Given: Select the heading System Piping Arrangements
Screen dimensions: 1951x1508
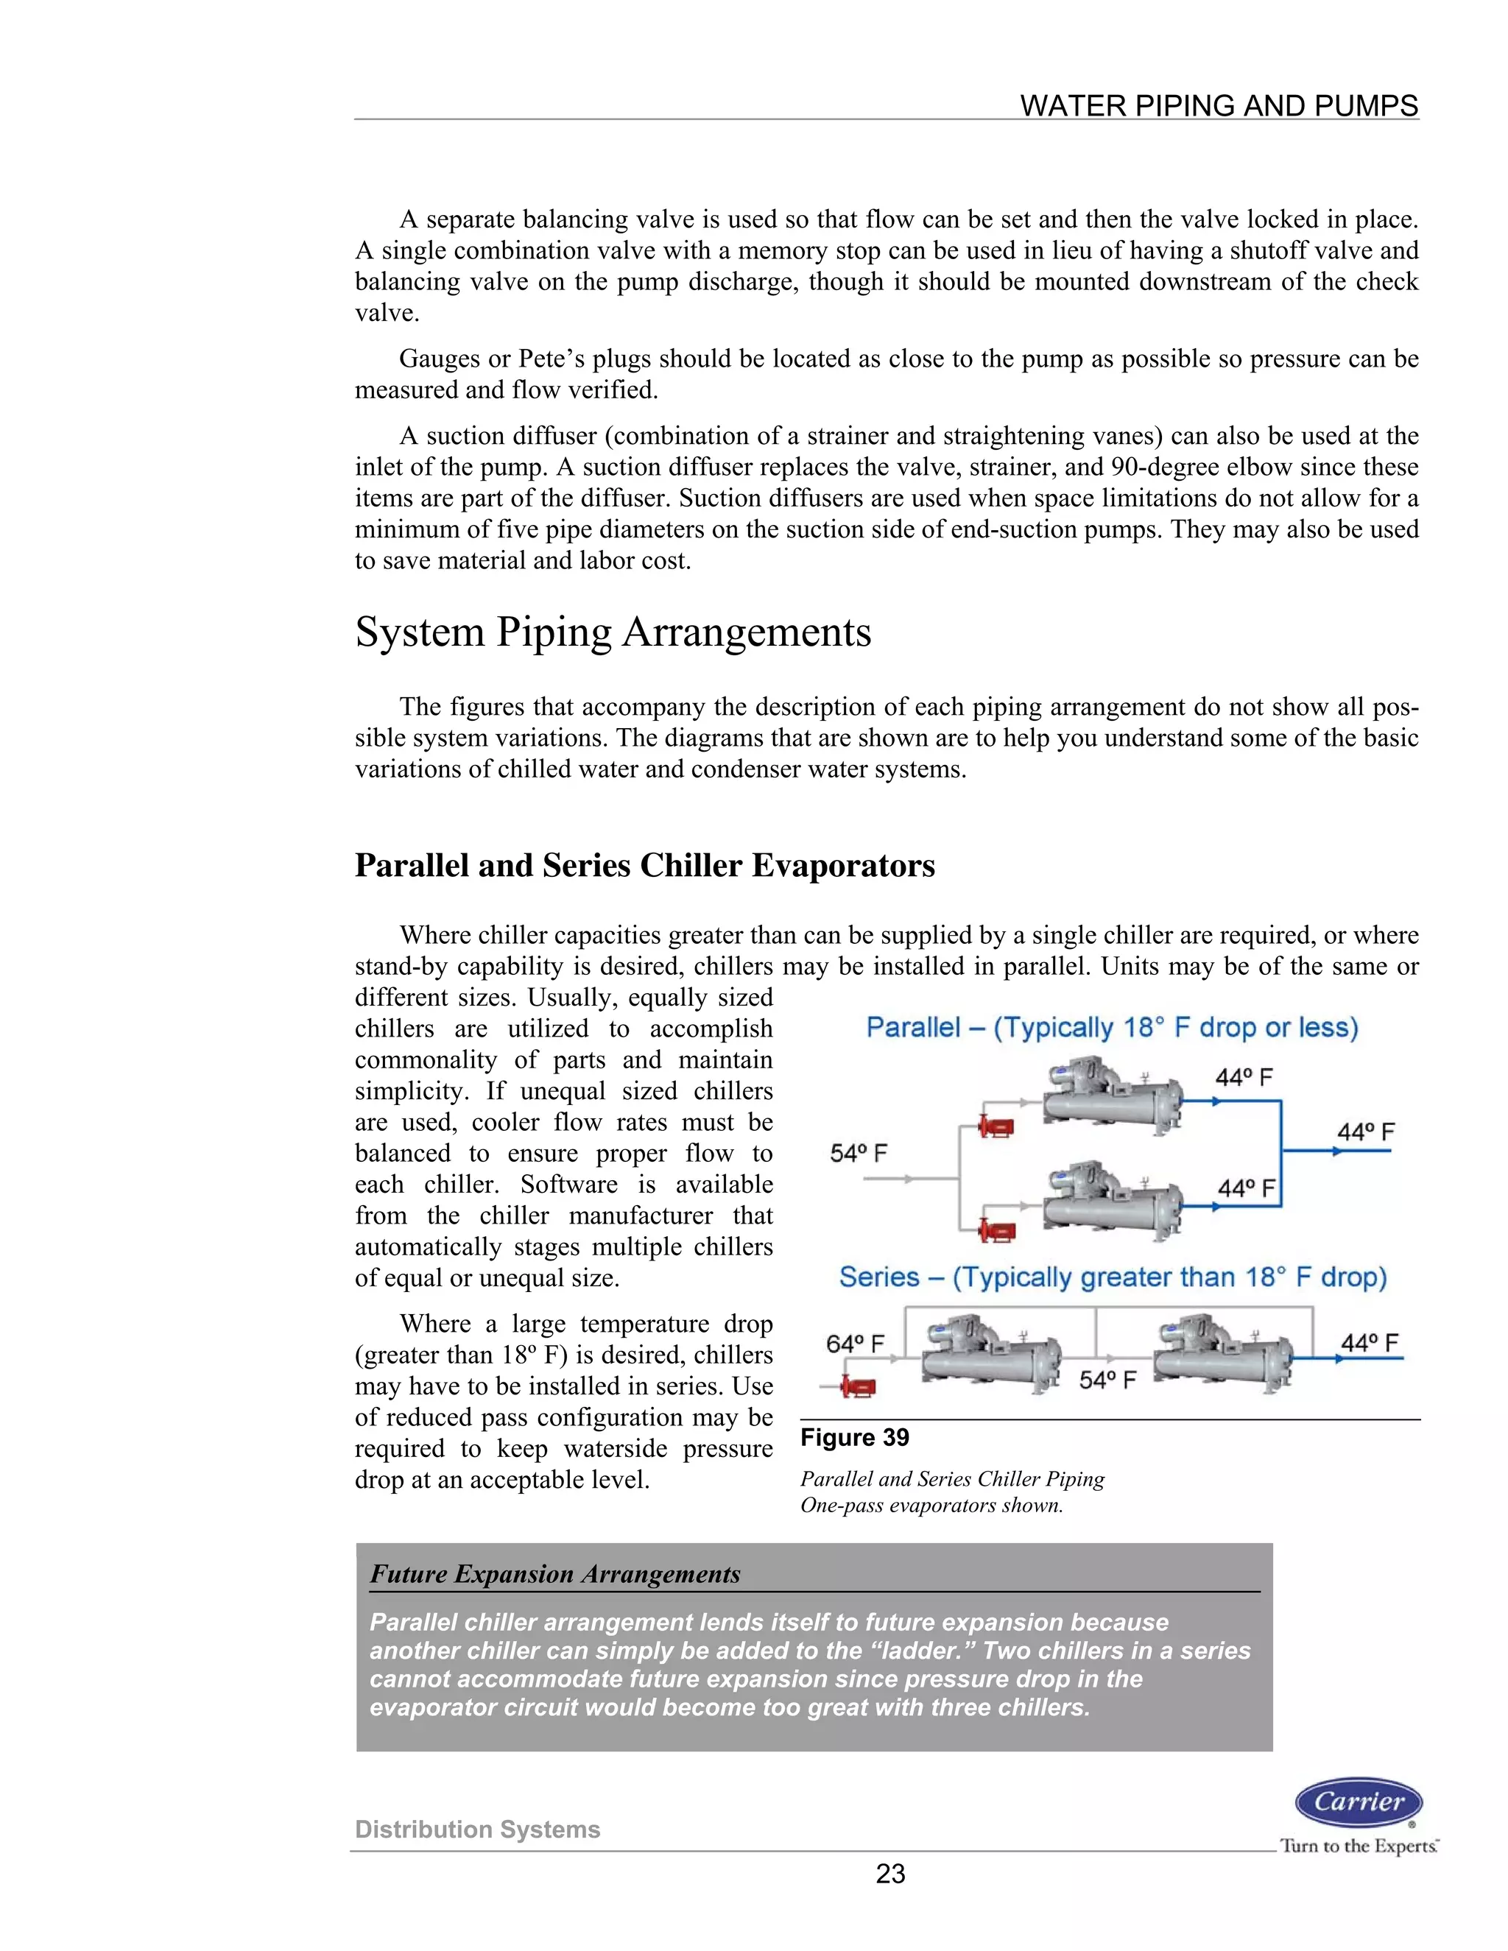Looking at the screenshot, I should coord(613,632).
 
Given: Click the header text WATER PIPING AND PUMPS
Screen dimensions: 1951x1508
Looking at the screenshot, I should coord(1219,105).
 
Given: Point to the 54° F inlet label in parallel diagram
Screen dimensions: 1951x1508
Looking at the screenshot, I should coord(859,1153).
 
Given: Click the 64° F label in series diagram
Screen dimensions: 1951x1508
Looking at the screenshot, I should coord(855,1344).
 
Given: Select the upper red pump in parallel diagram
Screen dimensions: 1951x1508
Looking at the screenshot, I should coord(997,1126).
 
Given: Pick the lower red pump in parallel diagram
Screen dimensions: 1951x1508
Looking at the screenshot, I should coord(997,1230).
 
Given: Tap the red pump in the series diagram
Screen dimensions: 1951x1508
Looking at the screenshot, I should coord(859,1387).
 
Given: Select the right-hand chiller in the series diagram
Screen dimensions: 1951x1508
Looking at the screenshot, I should coord(1222,1354).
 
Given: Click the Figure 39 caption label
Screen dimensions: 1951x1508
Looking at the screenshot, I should coord(854,1437).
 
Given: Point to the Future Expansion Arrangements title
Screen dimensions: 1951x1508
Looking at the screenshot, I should coord(554,1574).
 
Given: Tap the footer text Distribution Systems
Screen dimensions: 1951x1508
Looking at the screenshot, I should coord(477,1829).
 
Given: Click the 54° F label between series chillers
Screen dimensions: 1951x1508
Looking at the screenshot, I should coord(1107,1380).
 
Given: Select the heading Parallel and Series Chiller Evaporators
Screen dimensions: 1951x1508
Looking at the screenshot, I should coord(644,865).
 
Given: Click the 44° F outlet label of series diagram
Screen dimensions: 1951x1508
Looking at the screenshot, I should coord(1369,1343).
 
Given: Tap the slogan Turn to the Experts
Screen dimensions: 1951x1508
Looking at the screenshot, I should coord(1358,1846).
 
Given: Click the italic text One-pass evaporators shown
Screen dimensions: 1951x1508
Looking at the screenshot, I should coord(931,1506).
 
